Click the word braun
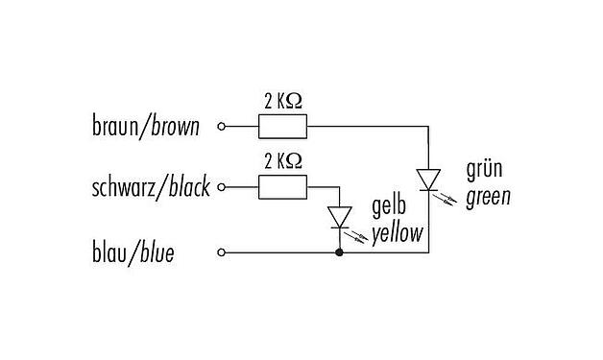(x=116, y=127)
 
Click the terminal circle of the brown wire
(x=223, y=126)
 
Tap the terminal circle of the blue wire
(x=223, y=253)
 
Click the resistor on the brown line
(x=282, y=126)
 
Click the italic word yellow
(x=397, y=232)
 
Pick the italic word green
(x=487, y=198)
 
